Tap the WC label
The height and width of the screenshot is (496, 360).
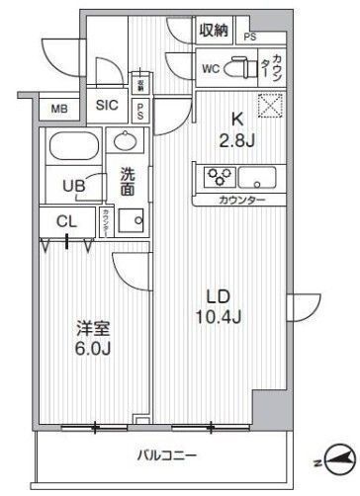[210, 69]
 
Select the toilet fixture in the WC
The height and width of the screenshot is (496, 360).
[239, 67]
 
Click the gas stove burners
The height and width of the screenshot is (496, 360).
[217, 179]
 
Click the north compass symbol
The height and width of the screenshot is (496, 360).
[333, 458]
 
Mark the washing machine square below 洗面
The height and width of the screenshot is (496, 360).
[126, 221]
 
